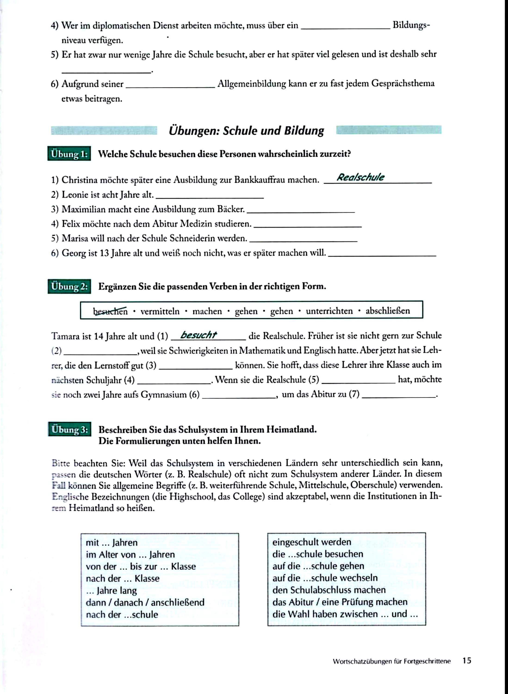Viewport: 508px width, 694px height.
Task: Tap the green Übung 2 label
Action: coord(69,287)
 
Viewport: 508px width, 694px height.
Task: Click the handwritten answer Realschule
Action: coord(360,177)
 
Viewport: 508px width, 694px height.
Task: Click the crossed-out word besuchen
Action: coord(110,311)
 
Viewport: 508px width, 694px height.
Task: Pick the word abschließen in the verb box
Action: coord(387,310)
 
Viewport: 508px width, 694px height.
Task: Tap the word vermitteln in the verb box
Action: coord(160,311)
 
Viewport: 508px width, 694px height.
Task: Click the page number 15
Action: coord(467,660)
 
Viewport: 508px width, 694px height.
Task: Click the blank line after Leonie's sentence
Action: coord(210,196)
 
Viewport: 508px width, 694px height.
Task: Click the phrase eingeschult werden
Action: coord(312,542)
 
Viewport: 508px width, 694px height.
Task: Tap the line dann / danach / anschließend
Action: coord(145,602)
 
